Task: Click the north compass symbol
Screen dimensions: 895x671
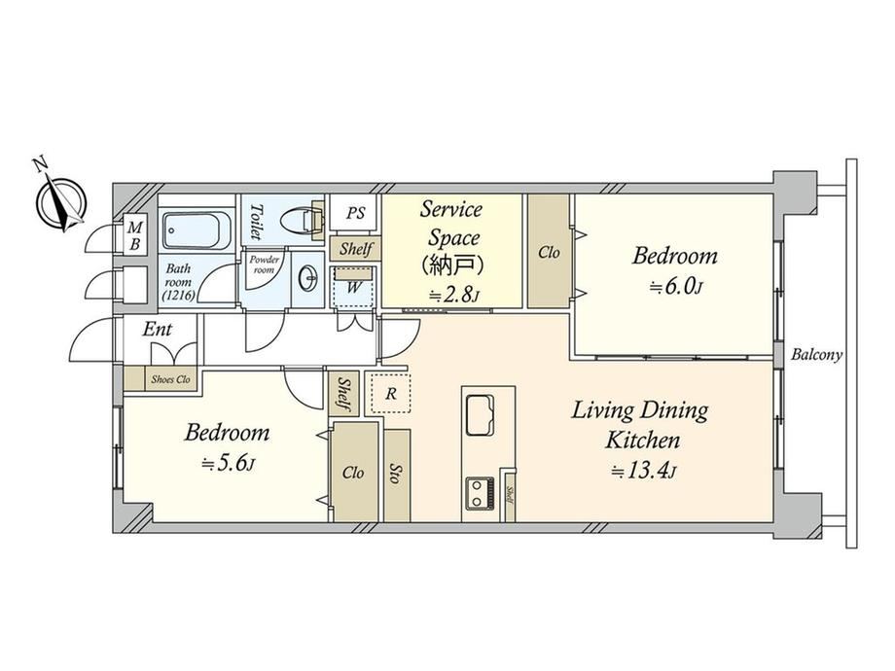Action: point(60,200)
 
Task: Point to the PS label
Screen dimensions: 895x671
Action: point(356,213)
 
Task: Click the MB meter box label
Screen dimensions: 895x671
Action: point(134,236)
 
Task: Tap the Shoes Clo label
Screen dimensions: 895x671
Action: point(170,379)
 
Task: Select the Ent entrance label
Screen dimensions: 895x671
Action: point(157,330)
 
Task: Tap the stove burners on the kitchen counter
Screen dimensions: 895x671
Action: point(482,493)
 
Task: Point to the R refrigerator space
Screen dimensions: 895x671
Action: point(391,394)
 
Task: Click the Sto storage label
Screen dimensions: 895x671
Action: point(395,474)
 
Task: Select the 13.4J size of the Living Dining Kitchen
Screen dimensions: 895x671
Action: point(643,472)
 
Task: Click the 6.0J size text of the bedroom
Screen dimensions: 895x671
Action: point(675,287)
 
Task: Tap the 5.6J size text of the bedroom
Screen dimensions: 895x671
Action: point(228,465)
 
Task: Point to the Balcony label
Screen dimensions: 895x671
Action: point(816,355)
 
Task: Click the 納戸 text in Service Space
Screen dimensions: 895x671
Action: point(452,265)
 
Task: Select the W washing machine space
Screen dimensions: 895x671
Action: point(353,287)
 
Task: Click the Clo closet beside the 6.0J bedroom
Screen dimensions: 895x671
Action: point(549,252)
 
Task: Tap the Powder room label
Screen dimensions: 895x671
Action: point(264,265)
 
